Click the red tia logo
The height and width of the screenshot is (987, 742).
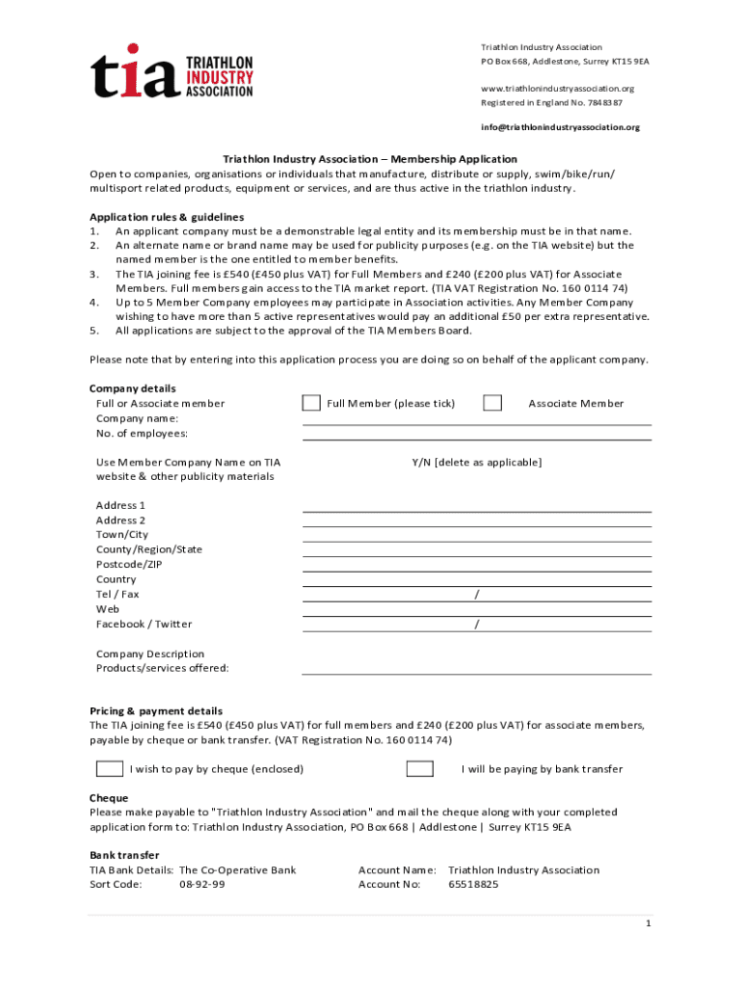(x=136, y=73)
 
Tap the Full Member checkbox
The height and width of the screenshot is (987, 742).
(x=311, y=403)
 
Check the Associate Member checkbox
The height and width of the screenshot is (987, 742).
(x=492, y=403)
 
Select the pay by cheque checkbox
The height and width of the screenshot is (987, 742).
(x=109, y=768)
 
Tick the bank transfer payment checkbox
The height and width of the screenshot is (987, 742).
(x=419, y=768)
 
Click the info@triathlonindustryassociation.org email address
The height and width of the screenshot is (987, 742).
(x=560, y=127)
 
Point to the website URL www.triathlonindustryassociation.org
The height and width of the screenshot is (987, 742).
(x=557, y=89)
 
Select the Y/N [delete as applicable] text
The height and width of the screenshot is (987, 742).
(x=476, y=463)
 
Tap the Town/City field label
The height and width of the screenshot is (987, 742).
(x=122, y=534)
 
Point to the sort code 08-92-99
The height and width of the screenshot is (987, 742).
(x=202, y=884)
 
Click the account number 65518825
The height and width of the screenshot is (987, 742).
(x=473, y=884)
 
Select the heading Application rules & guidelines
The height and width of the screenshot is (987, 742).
(x=167, y=217)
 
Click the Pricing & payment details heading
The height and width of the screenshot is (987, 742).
(x=156, y=710)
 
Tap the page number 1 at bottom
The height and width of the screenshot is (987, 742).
(x=649, y=923)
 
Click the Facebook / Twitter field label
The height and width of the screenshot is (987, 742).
(x=144, y=624)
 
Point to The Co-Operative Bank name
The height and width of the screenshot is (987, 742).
(x=238, y=869)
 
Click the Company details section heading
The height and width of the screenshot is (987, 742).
(x=133, y=388)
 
